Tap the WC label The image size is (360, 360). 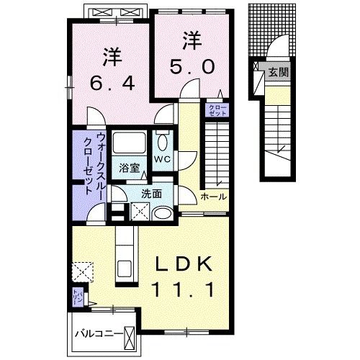coord(162,158)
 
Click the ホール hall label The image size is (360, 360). coord(213,197)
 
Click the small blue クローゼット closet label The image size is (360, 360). coord(217,110)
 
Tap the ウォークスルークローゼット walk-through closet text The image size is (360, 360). coord(94,166)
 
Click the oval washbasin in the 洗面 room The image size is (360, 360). coord(163,212)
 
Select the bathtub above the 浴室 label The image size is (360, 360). coord(130,141)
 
